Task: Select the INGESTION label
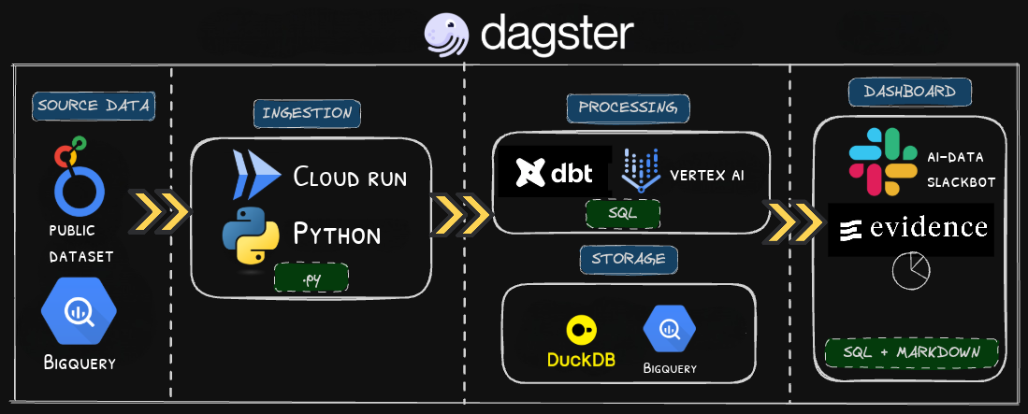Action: (x=307, y=113)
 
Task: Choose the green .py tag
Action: (x=311, y=277)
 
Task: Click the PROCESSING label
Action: (x=628, y=108)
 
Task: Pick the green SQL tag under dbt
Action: (x=622, y=212)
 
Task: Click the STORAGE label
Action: (x=628, y=256)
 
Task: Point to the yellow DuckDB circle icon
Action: (x=581, y=329)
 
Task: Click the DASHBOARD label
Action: (x=908, y=93)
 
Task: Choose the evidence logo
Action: (x=910, y=227)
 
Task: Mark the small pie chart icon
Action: (x=907, y=272)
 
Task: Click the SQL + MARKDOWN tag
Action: (x=911, y=352)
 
